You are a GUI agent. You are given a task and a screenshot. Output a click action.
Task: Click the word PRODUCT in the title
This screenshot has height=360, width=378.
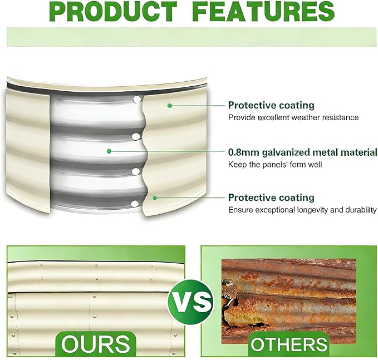(x=114, y=11)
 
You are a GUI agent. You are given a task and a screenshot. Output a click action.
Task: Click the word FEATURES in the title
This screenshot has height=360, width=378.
(x=264, y=11)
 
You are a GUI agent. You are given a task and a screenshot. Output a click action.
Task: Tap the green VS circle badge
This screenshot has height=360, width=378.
(x=190, y=302)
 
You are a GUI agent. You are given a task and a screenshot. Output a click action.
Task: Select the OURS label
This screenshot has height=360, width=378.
(x=95, y=344)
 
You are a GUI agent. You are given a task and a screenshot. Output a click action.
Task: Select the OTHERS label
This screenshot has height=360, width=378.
(x=289, y=344)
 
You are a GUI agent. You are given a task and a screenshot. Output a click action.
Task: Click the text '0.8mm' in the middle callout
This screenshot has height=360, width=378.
(x=243, y=152)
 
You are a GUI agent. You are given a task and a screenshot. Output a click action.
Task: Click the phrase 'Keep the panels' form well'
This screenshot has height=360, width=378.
(x=275, y=165)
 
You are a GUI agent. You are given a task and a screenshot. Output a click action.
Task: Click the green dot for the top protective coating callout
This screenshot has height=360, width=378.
(x=170, y=106)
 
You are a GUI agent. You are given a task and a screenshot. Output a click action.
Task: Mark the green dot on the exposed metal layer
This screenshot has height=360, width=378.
(x=109, y=151)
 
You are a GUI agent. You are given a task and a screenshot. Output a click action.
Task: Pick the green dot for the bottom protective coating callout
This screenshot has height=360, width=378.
(x=155, y=198)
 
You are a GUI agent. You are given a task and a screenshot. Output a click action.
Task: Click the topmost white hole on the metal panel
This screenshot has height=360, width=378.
(x=137, y=99)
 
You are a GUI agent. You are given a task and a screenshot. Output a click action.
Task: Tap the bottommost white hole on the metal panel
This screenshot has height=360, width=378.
(x=135, y=204)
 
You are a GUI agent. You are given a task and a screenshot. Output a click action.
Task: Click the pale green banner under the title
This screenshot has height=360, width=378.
(x=192, y=37)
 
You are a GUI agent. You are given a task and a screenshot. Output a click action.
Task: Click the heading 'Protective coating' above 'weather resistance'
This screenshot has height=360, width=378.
(x=271, y=106)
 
